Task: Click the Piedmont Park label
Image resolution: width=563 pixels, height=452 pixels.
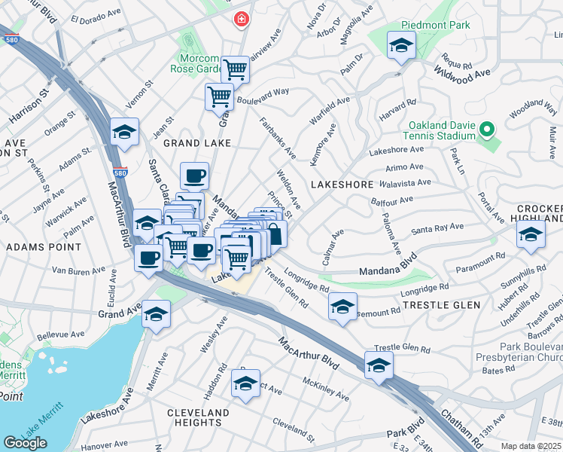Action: point(436,25)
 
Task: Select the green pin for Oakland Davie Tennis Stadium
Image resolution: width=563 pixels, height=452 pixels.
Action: point(487,130)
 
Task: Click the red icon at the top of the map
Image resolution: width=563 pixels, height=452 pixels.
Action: point(241,19)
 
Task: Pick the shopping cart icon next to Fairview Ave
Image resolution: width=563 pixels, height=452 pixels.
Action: point(236,69)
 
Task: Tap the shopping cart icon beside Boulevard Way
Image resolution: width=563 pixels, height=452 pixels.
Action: point(219,96)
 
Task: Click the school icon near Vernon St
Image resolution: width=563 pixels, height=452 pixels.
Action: point(124,132)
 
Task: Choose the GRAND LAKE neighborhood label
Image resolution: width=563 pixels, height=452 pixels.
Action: point(192,143)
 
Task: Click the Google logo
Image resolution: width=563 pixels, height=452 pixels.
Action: point(25,442)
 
